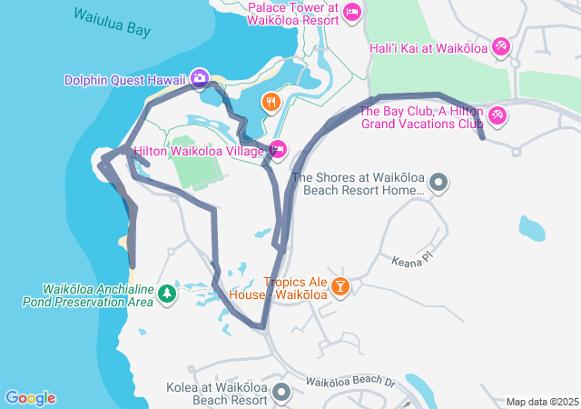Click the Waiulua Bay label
[x=112, y=22]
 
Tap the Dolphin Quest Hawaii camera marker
[x=200, y=80]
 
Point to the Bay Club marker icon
[x=497, y=116]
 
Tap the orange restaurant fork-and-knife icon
[x=270, y=102]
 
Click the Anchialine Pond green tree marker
[x=166, y=294]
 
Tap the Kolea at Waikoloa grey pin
[x=281, y=393]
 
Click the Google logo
[x=30, y=397]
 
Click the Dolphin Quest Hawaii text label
[x=124, y=80]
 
